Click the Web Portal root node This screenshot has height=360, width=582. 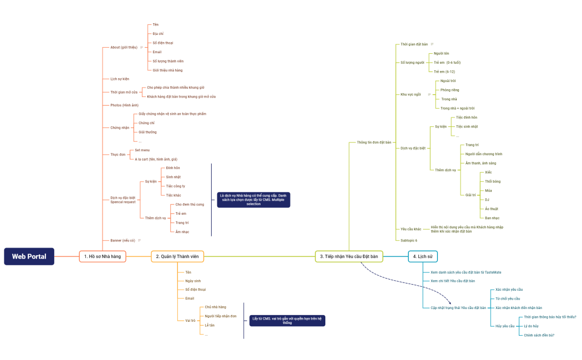point(29,256)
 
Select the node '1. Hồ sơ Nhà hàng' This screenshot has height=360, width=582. point(103,256)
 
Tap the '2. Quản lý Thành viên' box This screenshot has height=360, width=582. point(177,256)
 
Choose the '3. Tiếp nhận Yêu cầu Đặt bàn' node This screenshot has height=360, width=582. point(349,256)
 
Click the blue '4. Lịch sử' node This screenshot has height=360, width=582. point(423,256)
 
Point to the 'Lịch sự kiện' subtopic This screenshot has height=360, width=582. point(120,79)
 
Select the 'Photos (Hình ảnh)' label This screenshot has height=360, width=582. point(124,105)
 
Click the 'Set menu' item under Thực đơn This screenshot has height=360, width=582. point(142,150)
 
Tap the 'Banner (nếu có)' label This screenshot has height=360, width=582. point(122,240)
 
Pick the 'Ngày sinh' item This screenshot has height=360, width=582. point(193,281)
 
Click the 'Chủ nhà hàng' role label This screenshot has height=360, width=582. point(215,307)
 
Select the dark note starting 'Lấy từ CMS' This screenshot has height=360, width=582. point(287,321)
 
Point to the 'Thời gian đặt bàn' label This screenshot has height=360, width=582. point(414,44)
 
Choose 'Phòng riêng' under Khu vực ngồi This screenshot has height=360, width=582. point(450,90)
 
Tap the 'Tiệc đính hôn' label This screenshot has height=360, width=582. point(466,117)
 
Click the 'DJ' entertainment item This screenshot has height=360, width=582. point(487,199)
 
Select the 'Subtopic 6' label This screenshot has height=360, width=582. point(409,240)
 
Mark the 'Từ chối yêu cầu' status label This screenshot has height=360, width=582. point(508,299)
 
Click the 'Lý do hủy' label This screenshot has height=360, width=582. point(531,326)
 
